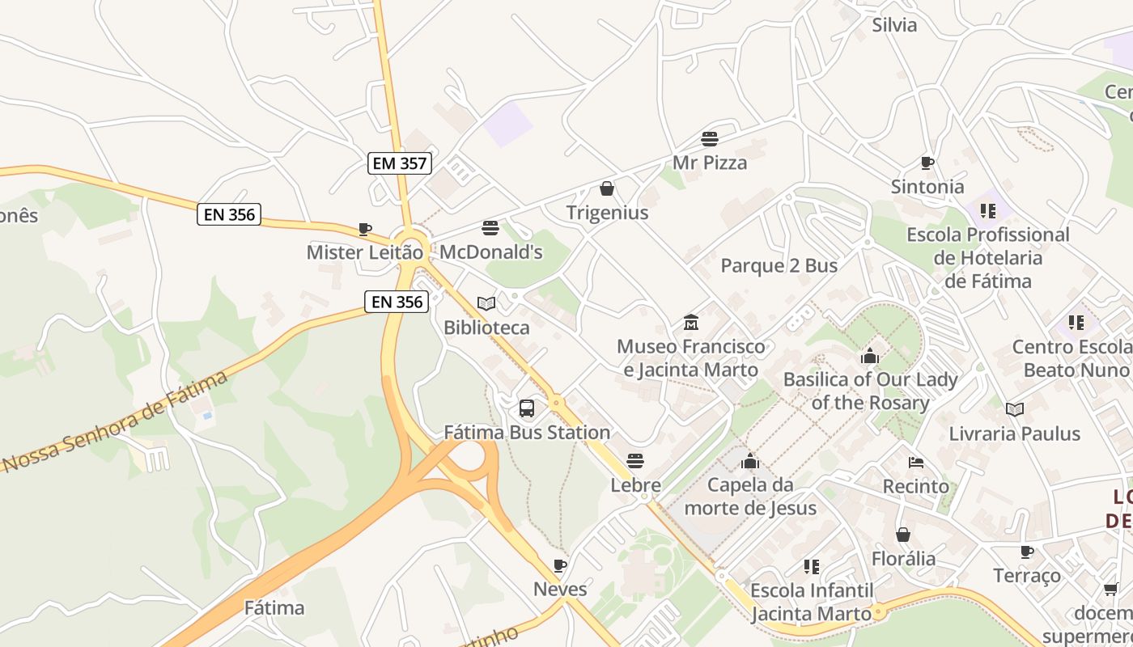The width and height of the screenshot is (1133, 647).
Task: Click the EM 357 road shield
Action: pyautogui.click(x=400, y=163)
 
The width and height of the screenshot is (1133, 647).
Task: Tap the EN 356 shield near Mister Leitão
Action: pyautogui.click(x=229, y=214)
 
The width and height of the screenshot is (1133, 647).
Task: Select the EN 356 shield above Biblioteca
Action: pyautogui.click(x=395, y=302)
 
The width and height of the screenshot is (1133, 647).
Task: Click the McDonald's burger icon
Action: pyautogui.click(x=490, y=228)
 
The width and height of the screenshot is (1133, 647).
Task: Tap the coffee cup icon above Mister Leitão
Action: pyautogui.click(x=365, y=229)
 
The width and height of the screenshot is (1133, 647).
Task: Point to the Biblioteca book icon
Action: pyautogui.click(x=486, y=303)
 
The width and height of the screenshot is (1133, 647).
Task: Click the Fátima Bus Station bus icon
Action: pyautogui.click(x=527, y=408)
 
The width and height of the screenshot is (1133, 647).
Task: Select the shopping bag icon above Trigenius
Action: pyautogui.click(x=606, y=188)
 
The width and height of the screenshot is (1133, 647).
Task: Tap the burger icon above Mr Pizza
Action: pyautogui.click(x=710, y=138)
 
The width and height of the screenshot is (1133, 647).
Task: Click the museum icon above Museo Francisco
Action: pyautogui.click(x=690, y=323)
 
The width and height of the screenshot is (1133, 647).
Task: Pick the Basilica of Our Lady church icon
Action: pyautogui.click(x=870, y=355)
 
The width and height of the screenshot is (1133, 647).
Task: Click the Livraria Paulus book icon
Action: pyautogui.click(x=1014, y=409)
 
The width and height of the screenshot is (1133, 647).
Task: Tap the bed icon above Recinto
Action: pyautogui.click(x=916, y=463)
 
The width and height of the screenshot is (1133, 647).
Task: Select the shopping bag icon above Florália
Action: pyautogui.click(x=903, y=535)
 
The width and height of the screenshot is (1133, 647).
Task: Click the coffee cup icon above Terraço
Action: pyautogui.click(x=1027, y=552)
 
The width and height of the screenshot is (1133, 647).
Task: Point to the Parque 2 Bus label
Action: pyautogui.click(x=779, y=266)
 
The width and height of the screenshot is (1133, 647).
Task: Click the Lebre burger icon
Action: pyautogui.click(x=635, y=461)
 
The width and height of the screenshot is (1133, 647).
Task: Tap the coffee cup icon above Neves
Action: pyautogui.click(x=559, y=565)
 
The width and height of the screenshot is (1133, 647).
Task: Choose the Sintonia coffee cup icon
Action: pyautogui.click(x=927, y=163)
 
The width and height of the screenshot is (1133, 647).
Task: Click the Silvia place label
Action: pyautogui.click(x=894, y=25)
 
